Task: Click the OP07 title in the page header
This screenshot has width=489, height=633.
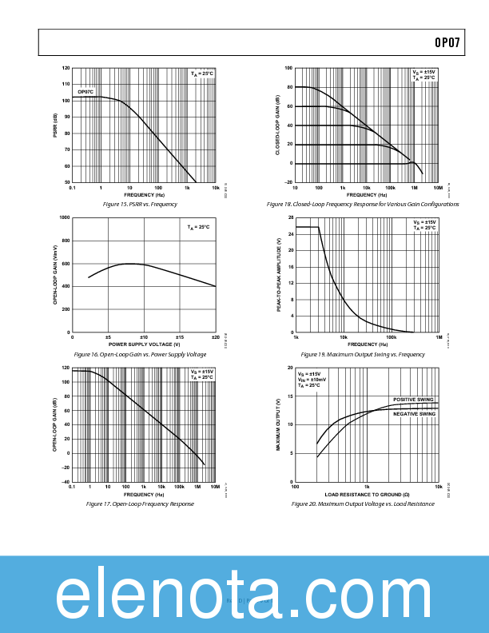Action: pos(447,43)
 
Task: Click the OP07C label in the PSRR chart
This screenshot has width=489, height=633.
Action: pos(85,92)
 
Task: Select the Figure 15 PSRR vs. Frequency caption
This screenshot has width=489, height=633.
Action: pos(141,205)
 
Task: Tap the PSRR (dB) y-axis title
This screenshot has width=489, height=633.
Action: pos(56,125)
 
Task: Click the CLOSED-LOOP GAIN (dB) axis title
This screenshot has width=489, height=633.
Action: pos(278,125)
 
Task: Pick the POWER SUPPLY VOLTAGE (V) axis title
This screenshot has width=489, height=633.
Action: pos(145,344)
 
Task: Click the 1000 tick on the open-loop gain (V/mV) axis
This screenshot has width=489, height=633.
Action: pos(65,217)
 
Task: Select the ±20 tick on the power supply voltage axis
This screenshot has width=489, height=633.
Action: pos(215,336)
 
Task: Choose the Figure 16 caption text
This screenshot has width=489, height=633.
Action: pos(140,354)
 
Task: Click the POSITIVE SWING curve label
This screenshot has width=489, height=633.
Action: pos(413,399)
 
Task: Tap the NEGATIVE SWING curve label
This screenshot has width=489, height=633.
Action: pos(414,414)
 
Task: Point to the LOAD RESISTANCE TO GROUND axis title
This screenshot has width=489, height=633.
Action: pos(367,494)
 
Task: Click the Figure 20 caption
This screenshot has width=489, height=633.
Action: pos(363,504)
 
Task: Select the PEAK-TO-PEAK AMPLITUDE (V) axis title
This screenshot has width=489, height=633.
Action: pos(279,275)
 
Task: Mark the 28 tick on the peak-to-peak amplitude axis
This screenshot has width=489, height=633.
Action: pos(291,217)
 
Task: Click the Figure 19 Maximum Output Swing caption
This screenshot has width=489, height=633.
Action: pos(363,354)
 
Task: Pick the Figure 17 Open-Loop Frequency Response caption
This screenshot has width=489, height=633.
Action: pos(140,504)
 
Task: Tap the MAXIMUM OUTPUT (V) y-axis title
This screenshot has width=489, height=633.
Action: pos(279,425)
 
